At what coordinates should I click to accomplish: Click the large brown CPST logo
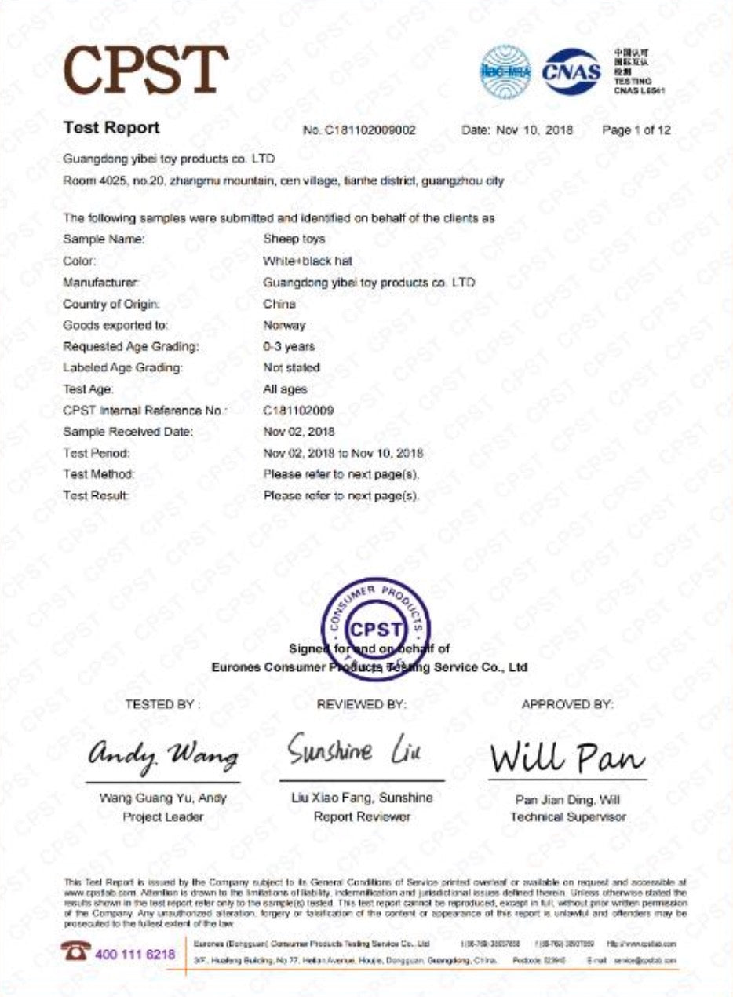[x=146, y=70]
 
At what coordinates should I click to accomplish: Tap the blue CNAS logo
[x=571, y=72]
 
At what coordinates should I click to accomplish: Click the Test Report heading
[x=111, y=128]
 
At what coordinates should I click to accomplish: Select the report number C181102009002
[x=359, y=130]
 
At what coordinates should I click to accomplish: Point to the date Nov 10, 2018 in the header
[x=518, y=130]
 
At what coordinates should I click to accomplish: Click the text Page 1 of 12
[x=636, y=130]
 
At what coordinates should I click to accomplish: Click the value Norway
[x=284, y=325]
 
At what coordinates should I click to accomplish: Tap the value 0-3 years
[x=289, y=346]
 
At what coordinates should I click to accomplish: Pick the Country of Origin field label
[x=111, y=304]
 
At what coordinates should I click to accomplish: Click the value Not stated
[x=291, y=367]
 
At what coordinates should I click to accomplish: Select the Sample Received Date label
[x=128, y=432]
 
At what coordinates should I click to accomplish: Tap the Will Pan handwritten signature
[x=567, y=757]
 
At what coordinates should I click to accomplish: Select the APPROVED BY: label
[x=567, y=705]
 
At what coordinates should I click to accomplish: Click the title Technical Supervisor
[x=567, y=817]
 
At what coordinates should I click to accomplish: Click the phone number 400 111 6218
[x=135, y=955]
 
